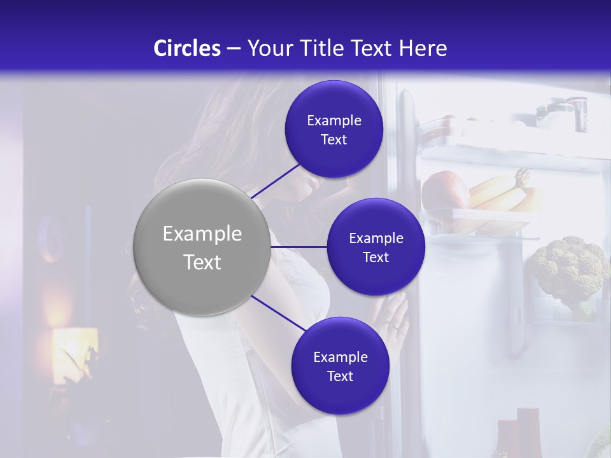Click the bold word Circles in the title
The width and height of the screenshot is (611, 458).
(x=187, y=48)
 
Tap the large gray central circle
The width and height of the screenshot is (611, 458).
(x=202, y=247)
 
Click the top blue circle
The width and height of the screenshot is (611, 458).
(x=334, y=129)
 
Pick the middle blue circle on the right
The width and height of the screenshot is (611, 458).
(x=376, y=247)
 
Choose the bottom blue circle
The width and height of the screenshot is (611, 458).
(x=340, y=366)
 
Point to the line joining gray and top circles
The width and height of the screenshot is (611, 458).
(x=276, y=181)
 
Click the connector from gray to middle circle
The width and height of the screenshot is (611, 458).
(x=298, y=247)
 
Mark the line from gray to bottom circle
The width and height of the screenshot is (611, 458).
(x=277, y=313)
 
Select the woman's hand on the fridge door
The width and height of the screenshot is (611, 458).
(x=391, y=318)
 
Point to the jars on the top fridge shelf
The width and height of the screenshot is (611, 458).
(x=560, y=111)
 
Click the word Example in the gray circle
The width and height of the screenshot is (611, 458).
(x=202, y=233)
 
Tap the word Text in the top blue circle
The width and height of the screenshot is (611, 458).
(x=334, y=140)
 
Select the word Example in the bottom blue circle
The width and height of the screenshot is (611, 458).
(x=340, y=357)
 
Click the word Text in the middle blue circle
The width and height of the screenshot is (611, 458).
(x=376, y=257)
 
